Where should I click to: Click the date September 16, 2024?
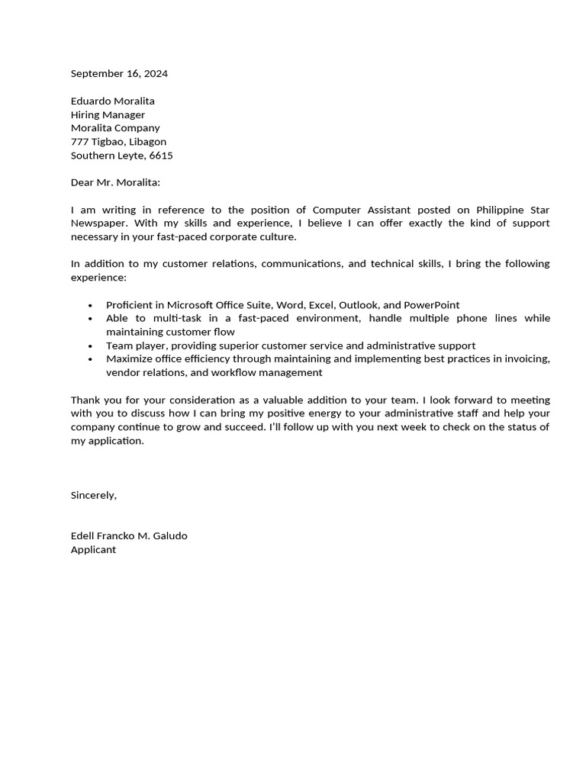point(119,74)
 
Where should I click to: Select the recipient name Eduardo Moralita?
point(112,101)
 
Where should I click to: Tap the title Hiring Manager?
point(108,115)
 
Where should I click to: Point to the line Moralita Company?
point(115,128)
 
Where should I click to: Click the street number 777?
point(80,142)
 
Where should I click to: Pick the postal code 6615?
point(161,156)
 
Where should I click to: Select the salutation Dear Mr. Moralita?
point(115,182)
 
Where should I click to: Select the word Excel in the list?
point(321,305)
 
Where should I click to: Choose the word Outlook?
point(358,305)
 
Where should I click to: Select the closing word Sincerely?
point(93,495)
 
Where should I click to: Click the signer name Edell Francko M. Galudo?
point(129,536)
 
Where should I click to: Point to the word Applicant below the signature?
point(93,550)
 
